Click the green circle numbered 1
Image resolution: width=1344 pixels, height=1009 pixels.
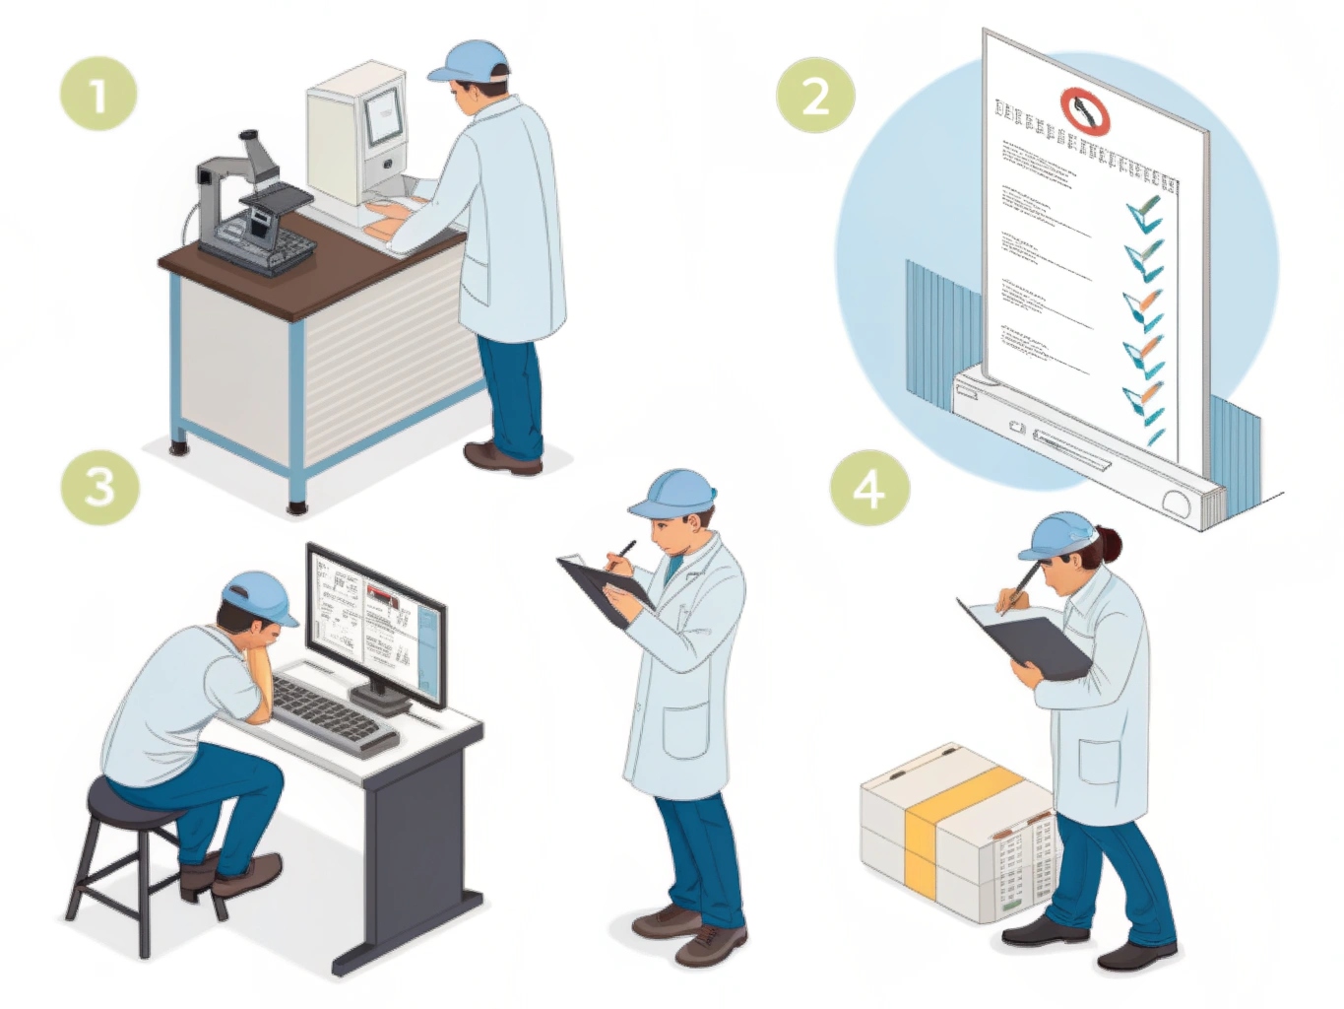[x=98, y=95]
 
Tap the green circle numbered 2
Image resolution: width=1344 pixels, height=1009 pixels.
[x=815, y=96]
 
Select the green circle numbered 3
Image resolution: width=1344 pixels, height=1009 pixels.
[x=99, y=486]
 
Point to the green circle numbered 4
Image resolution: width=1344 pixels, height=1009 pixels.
[x=868, y=488]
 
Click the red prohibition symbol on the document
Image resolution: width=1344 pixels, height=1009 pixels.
[x=1084, y=111]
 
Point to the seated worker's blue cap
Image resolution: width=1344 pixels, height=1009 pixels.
[x=259, y=596]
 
